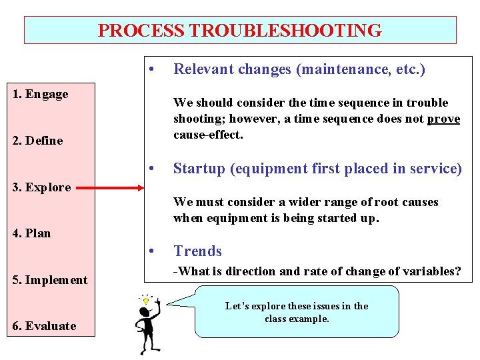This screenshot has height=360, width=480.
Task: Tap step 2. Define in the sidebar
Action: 37,141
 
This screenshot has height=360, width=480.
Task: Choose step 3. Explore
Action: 41,187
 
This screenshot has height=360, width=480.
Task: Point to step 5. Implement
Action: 50,280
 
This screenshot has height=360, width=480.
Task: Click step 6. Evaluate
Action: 44,326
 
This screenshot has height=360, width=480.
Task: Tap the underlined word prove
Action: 444,119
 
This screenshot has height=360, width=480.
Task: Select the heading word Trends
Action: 197,251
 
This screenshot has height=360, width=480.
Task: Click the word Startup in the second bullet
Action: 199,169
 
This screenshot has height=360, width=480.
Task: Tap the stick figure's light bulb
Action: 145,301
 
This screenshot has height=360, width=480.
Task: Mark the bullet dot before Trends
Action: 153,251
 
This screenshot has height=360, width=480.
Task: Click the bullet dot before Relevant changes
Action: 153,69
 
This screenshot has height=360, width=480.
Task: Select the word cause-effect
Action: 208,135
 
